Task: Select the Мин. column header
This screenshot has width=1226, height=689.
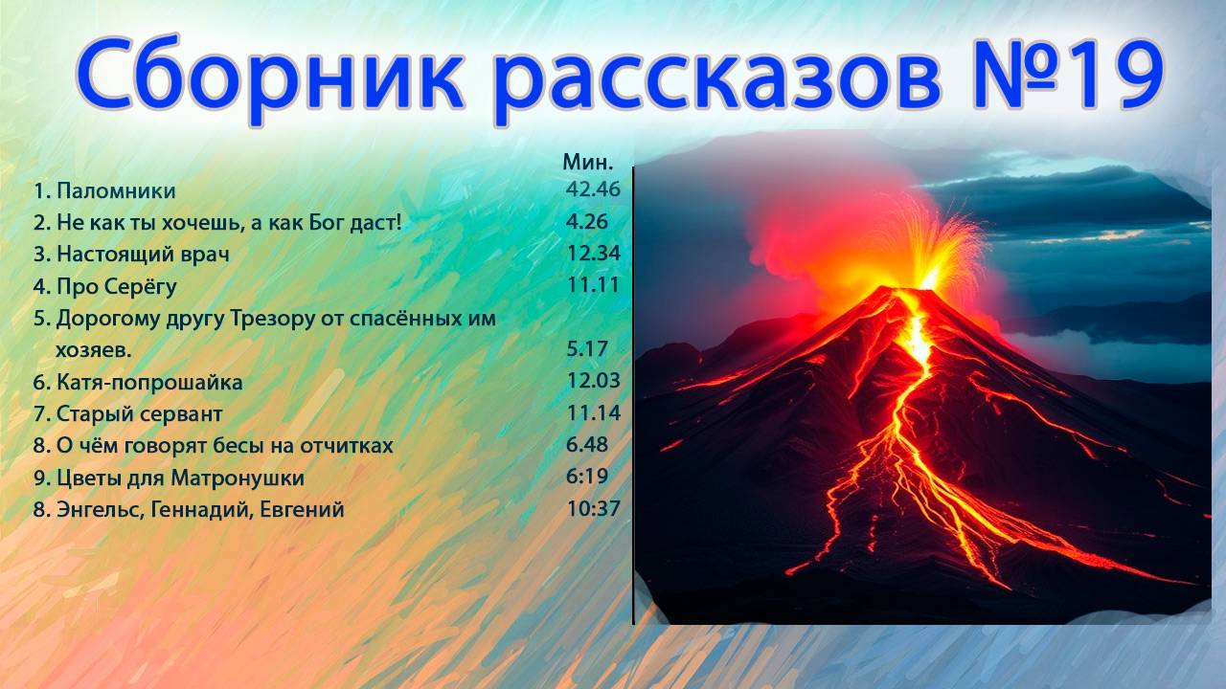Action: click(587, 162)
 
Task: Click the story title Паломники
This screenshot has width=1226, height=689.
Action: click(116, 191)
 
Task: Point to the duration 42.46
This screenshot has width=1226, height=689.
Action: click(593, 189)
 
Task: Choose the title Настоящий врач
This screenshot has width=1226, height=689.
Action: click(143, 255)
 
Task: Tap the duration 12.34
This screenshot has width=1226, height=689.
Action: click(593, 254)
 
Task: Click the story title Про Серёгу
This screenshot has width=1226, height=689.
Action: click(117, 286)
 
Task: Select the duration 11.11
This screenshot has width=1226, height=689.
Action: click(593, 284)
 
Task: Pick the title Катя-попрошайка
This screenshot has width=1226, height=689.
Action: click(149, 383)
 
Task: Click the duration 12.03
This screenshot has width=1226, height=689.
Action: click(593, 381)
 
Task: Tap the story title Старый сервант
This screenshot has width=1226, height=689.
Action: click(139, 414)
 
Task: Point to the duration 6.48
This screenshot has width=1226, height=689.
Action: click(586, 445)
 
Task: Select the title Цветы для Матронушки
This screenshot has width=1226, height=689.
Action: click(180, 478)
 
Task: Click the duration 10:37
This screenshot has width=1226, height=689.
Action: click(593, 509)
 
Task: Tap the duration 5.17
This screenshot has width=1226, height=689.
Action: click(586, 349)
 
